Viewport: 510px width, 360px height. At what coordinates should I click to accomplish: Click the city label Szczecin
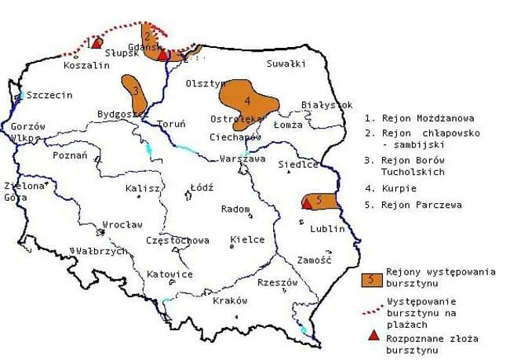pos(49,95)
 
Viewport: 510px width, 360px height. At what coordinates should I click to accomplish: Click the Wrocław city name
pos(122,224)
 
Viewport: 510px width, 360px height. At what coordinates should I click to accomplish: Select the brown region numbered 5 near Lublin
pos(322,202)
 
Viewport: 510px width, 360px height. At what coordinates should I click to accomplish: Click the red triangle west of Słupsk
pos(97,42)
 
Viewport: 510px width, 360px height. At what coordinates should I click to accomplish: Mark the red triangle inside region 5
pos(307,204)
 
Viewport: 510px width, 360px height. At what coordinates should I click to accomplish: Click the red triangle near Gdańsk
pos(162,55)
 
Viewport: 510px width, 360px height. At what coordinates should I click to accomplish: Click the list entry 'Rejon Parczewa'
pos(415,205)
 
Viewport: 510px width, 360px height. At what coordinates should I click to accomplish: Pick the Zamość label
pos(315,260)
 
